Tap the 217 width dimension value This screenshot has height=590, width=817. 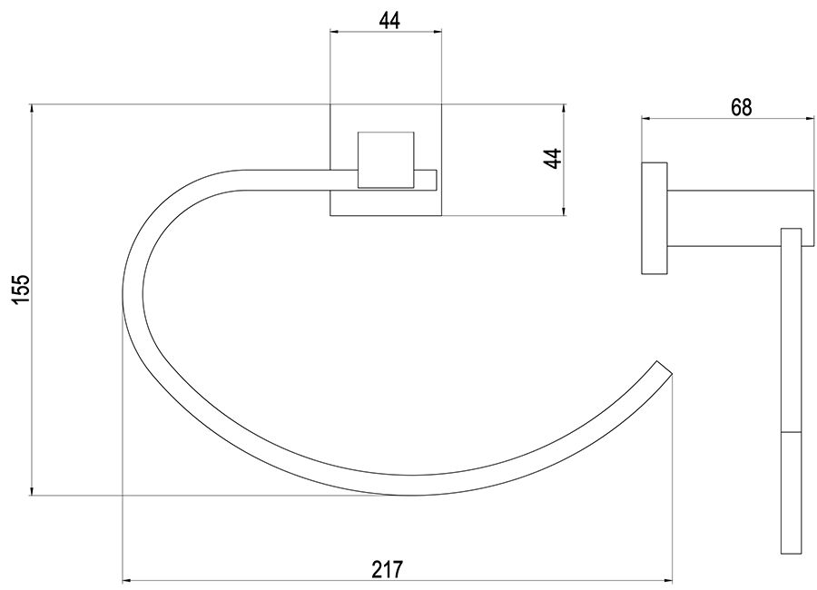coord(387,569)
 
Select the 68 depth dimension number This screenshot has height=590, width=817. coord(741,107)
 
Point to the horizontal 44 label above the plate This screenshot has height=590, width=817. coord(389,21)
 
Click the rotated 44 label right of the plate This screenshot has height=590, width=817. coord(553,159)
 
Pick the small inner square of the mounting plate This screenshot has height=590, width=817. coord(386,160)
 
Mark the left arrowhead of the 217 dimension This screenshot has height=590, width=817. coord(125,581)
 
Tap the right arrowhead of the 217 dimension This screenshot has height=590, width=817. coord(668,581)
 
